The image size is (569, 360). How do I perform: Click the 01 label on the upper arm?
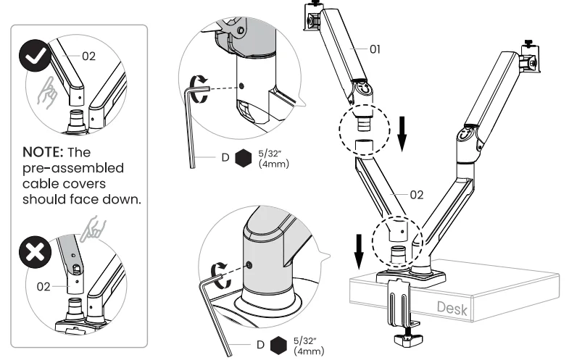[375, 50]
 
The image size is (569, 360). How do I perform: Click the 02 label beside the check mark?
[88, 57]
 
